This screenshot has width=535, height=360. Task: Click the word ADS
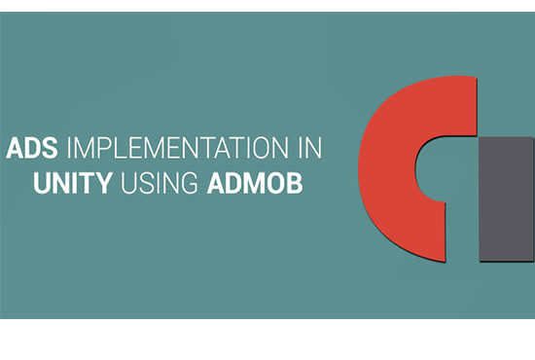point(32,148)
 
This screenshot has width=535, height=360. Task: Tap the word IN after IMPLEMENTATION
point(310,148)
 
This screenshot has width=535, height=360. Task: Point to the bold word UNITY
point(73,183)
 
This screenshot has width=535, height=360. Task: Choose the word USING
point(160,183)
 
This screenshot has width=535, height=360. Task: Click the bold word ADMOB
point(255,183)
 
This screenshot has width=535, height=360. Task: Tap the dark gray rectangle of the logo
point(507,199)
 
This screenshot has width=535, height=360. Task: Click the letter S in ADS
point(50,148)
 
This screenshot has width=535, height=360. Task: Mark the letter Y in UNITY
point(103,183)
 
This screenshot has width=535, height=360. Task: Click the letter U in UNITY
point(42,183)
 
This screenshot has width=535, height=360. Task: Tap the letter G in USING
point(189,183)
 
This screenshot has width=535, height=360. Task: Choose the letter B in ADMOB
point(295,183)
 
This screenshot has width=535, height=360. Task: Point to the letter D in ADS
point(32,148)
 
